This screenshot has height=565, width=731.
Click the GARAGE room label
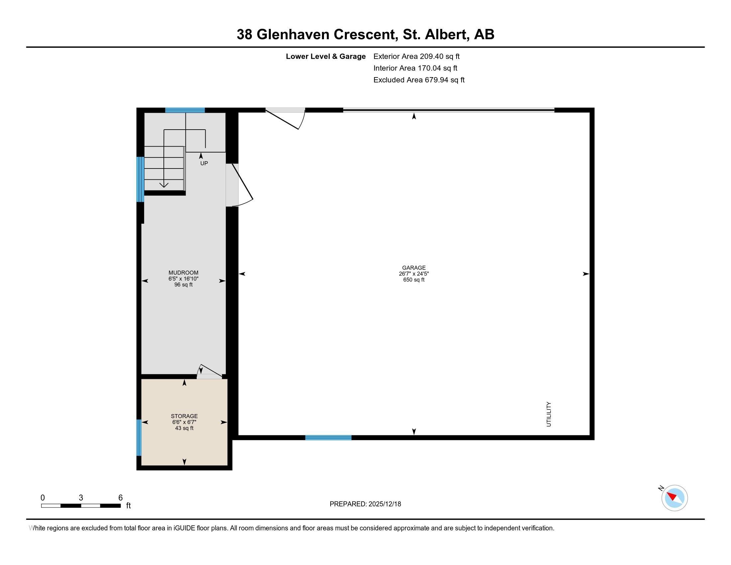click(x=414, y=268)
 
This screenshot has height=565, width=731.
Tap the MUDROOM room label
click(x=183, y=273)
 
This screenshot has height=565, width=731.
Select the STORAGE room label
click(x=184, y=416)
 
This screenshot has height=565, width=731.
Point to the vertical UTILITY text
click(x=549, y=414)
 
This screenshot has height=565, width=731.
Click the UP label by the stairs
click(x=204, y=163)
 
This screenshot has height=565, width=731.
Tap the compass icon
click(x=674, y=498)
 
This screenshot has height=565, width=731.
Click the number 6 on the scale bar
click(x=121, y=498)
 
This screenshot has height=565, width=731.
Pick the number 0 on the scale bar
click(x=43, y=498)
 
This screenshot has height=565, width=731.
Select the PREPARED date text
click(x=365, y=504)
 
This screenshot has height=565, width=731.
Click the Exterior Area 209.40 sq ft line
click(x=416, y=56)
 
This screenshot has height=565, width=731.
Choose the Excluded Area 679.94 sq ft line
click(x=419, y=80)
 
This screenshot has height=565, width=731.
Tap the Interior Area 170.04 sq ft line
click(x=415, y=68)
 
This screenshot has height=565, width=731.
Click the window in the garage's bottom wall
click(x=328, y=437)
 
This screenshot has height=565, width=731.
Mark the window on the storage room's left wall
click(x=139, y=437)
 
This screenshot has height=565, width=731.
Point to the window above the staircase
click(x=185, y=110)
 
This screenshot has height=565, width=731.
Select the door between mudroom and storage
click(x=209, y=372)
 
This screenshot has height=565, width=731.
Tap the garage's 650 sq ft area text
click(x=414, y=280)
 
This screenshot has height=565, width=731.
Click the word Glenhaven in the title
click(x=293, y=35)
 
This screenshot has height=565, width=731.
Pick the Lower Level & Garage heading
click(x=326, y=56)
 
